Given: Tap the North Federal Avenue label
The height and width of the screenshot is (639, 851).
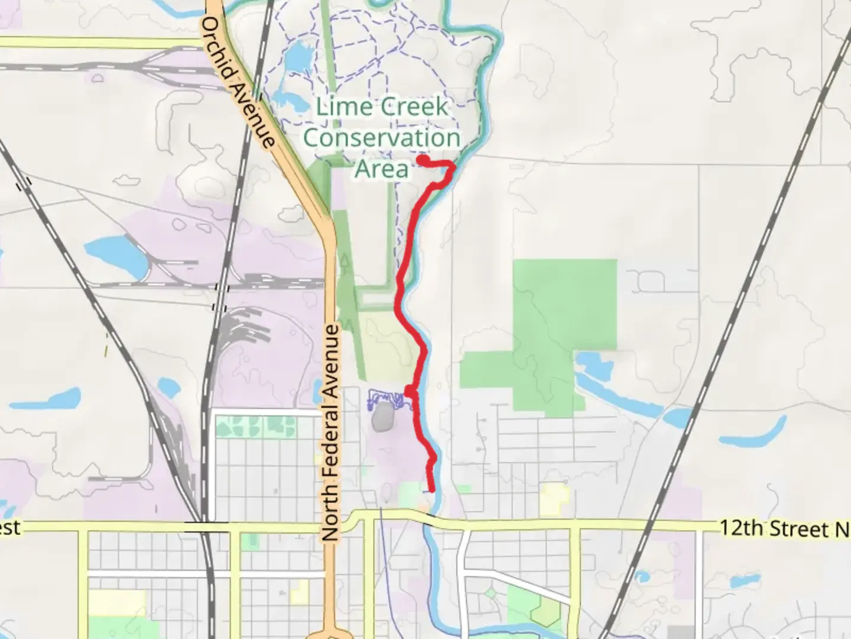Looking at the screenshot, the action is pos(332,432).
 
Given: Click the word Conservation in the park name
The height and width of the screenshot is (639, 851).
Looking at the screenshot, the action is pos(382,138).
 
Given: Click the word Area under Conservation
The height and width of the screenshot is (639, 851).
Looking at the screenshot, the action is pos(382,169).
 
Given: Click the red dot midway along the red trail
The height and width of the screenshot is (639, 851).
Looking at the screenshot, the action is pos(409,390).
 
